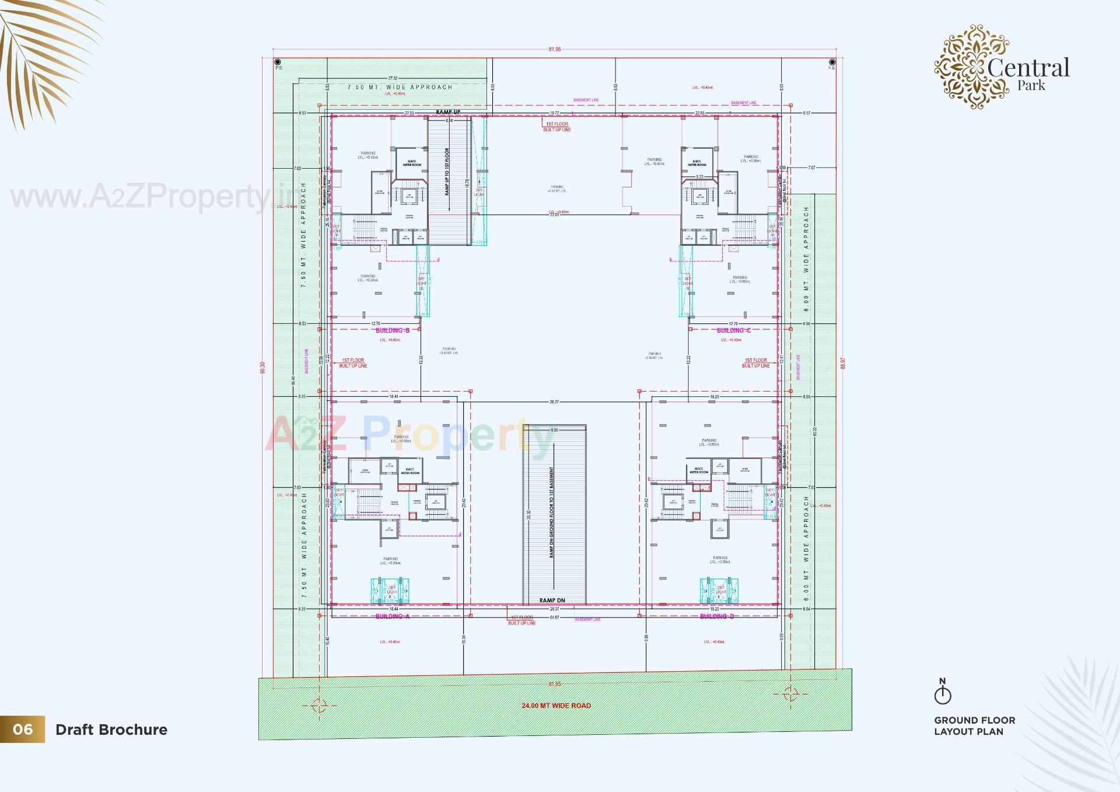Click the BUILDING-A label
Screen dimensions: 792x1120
click(392, 616)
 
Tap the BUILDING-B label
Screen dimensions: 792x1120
click(392, 330)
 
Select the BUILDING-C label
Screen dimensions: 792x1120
click(733, 330)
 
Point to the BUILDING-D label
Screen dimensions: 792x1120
click(716, 616)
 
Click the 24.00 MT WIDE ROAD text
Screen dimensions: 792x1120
click(556, 706)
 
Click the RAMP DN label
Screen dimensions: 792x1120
click(552, 601)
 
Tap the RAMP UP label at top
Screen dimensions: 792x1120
click(448, 112)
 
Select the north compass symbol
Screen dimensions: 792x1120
click(942, 693)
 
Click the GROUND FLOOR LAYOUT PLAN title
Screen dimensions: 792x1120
click(974, 726)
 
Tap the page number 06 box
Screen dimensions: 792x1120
click(22, 730)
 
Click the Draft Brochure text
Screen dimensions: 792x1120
click(111, 730)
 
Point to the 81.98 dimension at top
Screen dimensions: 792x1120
click(554, 50)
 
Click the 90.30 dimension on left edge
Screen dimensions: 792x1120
click(262, 368)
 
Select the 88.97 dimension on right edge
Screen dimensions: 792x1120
click(842, 364)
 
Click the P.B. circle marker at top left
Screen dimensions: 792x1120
click(278, 62)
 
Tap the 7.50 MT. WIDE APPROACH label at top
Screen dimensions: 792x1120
click(400, 87)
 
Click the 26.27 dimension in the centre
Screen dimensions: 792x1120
click(554, 402)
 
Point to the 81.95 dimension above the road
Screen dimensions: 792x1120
click(554, 684)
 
